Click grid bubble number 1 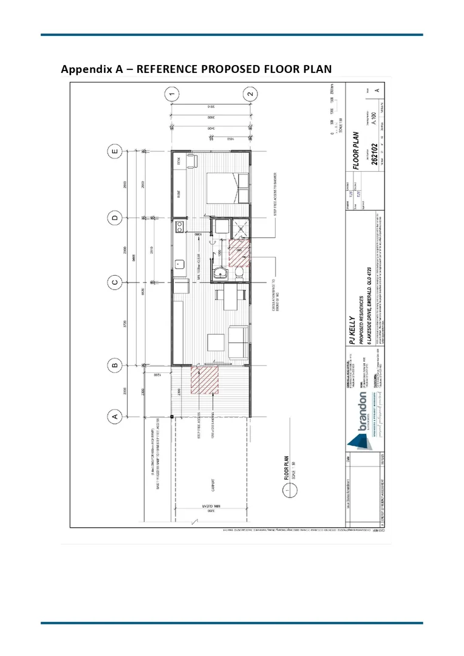[173, 94]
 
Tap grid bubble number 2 [250, 94]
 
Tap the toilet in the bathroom [239, 274]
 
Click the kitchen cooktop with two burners [179, 230]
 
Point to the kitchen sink [180, 264]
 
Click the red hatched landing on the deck [204, 380]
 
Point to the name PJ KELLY [352, 328]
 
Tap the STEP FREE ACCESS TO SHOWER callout [277, 193]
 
